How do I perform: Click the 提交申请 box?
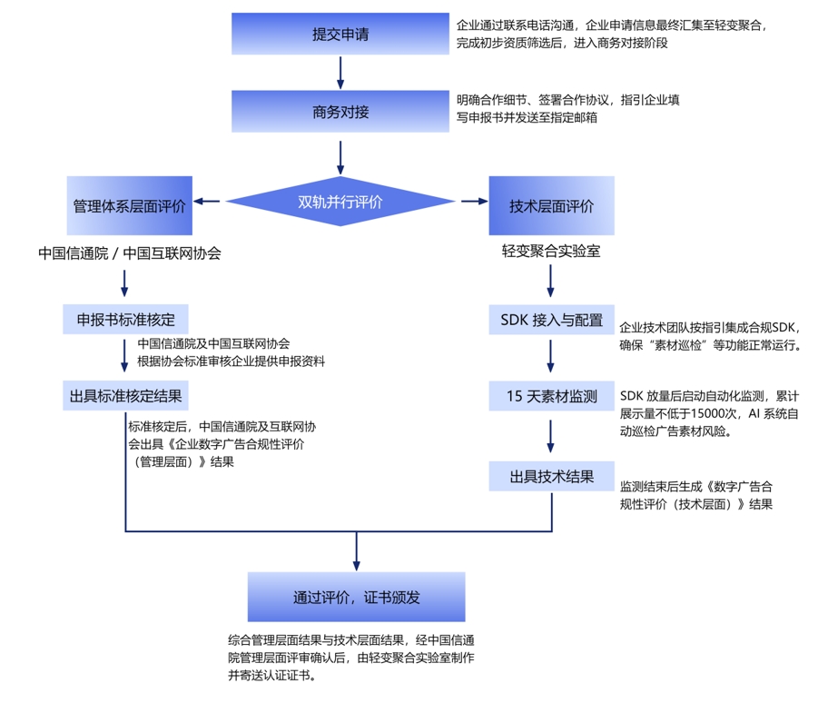click(x=340, y=35)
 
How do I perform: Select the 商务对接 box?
click(x=340, y=113)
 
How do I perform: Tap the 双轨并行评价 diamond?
click(x=340, y=202)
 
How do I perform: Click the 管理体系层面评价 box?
click(x=129, y=206)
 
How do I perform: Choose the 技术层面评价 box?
click(x=552, y=206)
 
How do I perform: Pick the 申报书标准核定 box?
click(x=125, y=319)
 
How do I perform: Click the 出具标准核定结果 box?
click(x=125, y=396)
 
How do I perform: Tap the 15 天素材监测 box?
click(x=551, y=396)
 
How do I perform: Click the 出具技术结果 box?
click(x=551, y=476)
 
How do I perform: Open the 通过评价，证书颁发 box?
click(x=356, y=597)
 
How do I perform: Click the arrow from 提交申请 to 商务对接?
click(x=340, y=72)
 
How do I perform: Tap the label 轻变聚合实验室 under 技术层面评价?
click(x=551, y=251)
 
